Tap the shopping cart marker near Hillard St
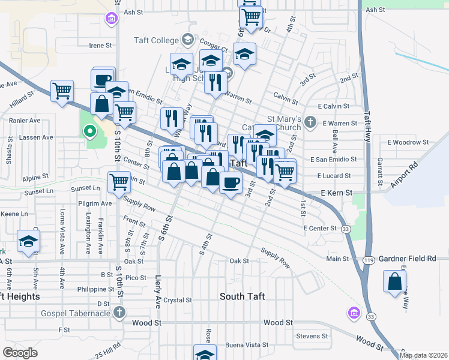[62, 92]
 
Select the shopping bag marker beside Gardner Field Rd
[395, 281]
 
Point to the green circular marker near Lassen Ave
[90, 130]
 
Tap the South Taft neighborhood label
[243, 296]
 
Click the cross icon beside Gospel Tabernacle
[119, 313]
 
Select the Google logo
[20, 352]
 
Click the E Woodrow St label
[408, 142]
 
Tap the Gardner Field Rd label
[407, 258]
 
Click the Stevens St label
[312, 336]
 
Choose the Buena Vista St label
[246, 345]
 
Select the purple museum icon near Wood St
[353, 313]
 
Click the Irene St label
[100, 45]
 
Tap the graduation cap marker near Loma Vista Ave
[28, 241]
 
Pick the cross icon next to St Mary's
[310, 122]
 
